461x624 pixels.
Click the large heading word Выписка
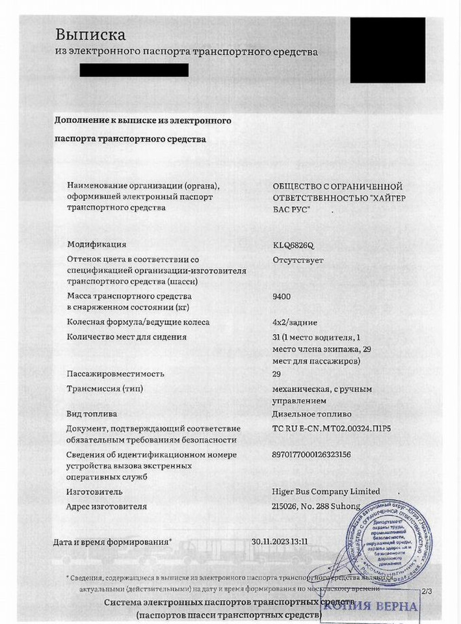(x=90, y=34)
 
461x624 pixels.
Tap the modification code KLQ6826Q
(x=293, y=245)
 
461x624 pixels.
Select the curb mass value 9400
(x=282, y=296)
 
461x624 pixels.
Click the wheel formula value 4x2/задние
(x=296, y=322)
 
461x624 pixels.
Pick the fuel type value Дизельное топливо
(x=312, y=413)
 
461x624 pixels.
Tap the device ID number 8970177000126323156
(x=311, y=454)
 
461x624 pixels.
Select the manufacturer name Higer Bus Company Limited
(x=326, y=491)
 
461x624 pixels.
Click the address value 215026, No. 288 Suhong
(x=316, y=506)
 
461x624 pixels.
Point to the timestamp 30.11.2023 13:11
(x=280, y=541)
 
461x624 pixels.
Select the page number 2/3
(x=427, y=591)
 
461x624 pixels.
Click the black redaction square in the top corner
(x=388, y=50)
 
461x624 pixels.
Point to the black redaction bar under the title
(x=134, y=70)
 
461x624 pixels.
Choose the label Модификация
(x=97, y=245)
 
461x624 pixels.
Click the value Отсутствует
(x=298, y=260)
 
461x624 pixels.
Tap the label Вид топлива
(x=92, y=413)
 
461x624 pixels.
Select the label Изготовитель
(x=94, y=492)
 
